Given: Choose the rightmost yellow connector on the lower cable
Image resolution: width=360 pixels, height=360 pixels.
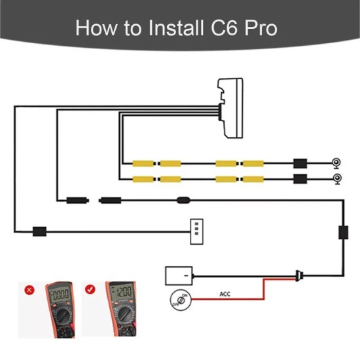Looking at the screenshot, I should [x=252, y=179].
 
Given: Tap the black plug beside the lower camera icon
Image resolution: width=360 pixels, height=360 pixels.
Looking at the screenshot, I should [x=301, y=179].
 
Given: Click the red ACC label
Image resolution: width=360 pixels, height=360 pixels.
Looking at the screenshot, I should [x=225, y=294].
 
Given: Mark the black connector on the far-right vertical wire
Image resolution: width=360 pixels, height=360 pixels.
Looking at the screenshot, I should [x=342, y=232].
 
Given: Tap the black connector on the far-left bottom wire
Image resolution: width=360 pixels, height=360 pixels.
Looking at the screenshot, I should [x=40, y=231].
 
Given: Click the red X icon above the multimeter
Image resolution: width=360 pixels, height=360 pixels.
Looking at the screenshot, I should [x=28, y=289].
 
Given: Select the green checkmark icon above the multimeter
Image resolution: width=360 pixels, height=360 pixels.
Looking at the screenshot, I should [x=90, y=289].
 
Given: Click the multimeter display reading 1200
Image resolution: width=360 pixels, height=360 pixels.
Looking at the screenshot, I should [x=122, y=293].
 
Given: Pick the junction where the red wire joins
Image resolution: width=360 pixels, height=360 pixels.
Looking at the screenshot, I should [x=299, y=275].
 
